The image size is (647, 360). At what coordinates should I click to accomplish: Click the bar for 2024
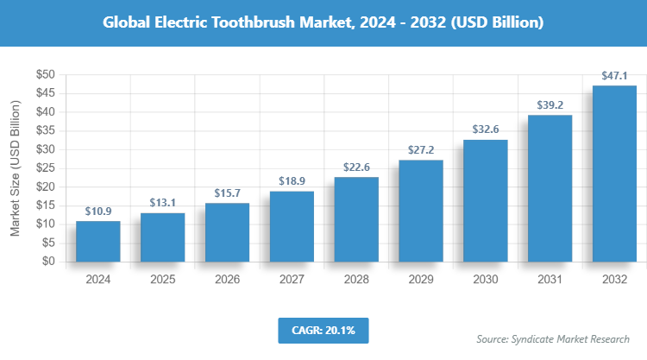(x=97, y=241)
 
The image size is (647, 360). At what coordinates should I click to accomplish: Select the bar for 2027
(x=292, y=226)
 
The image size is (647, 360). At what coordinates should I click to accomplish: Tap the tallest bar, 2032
(x=615, y=173)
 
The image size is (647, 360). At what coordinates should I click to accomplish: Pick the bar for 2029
(x=421, y=211)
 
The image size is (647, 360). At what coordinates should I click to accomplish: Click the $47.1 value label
(x=615, y=76)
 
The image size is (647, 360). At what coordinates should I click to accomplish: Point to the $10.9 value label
(x=97, y=212)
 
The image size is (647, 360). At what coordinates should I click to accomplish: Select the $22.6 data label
(x=356, y=167)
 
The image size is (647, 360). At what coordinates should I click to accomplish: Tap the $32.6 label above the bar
(x=486, y=129)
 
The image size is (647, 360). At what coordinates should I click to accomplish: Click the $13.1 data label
(x=162, y=203)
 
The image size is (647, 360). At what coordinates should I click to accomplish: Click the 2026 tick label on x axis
(x=227, y=279)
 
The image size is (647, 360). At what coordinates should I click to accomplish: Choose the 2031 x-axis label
(x=550, y=279)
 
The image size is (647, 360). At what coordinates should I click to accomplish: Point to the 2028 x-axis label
(x=356, y=279)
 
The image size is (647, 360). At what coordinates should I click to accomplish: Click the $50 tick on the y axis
(x=46, y=75)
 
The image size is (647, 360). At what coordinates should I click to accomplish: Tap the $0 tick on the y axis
(x=49, y=261)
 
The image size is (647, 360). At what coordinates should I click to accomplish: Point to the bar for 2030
(x=486, y=200)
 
